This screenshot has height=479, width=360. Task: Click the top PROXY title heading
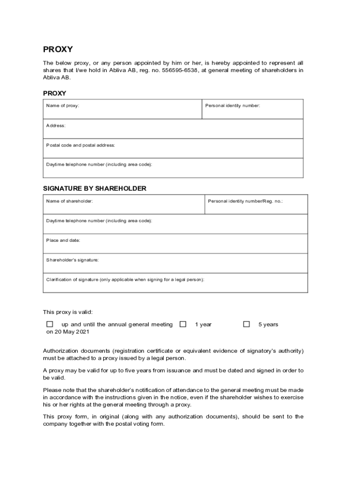[58, 50]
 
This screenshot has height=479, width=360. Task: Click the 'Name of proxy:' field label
[63, 106]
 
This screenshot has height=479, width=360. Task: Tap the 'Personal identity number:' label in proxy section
[232, 106]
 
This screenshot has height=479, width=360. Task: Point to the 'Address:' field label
[56, 126]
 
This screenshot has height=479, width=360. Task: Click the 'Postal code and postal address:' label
[80, 145]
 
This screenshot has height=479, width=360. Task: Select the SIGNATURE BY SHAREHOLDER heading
[94, 189]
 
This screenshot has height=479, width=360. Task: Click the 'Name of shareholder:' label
[69, 201]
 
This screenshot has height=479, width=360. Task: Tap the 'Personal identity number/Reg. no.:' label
[245, 201]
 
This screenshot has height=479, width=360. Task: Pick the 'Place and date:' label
[63, 240]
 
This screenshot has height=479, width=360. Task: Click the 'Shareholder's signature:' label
[72, 260]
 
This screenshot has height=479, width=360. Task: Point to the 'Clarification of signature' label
[125, 280]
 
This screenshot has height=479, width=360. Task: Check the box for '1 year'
[183, 324]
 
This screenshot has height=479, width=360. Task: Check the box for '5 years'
[246, 324]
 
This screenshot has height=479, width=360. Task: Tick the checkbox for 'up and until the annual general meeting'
[50, 324]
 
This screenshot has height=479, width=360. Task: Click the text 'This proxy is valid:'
[68, 312]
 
